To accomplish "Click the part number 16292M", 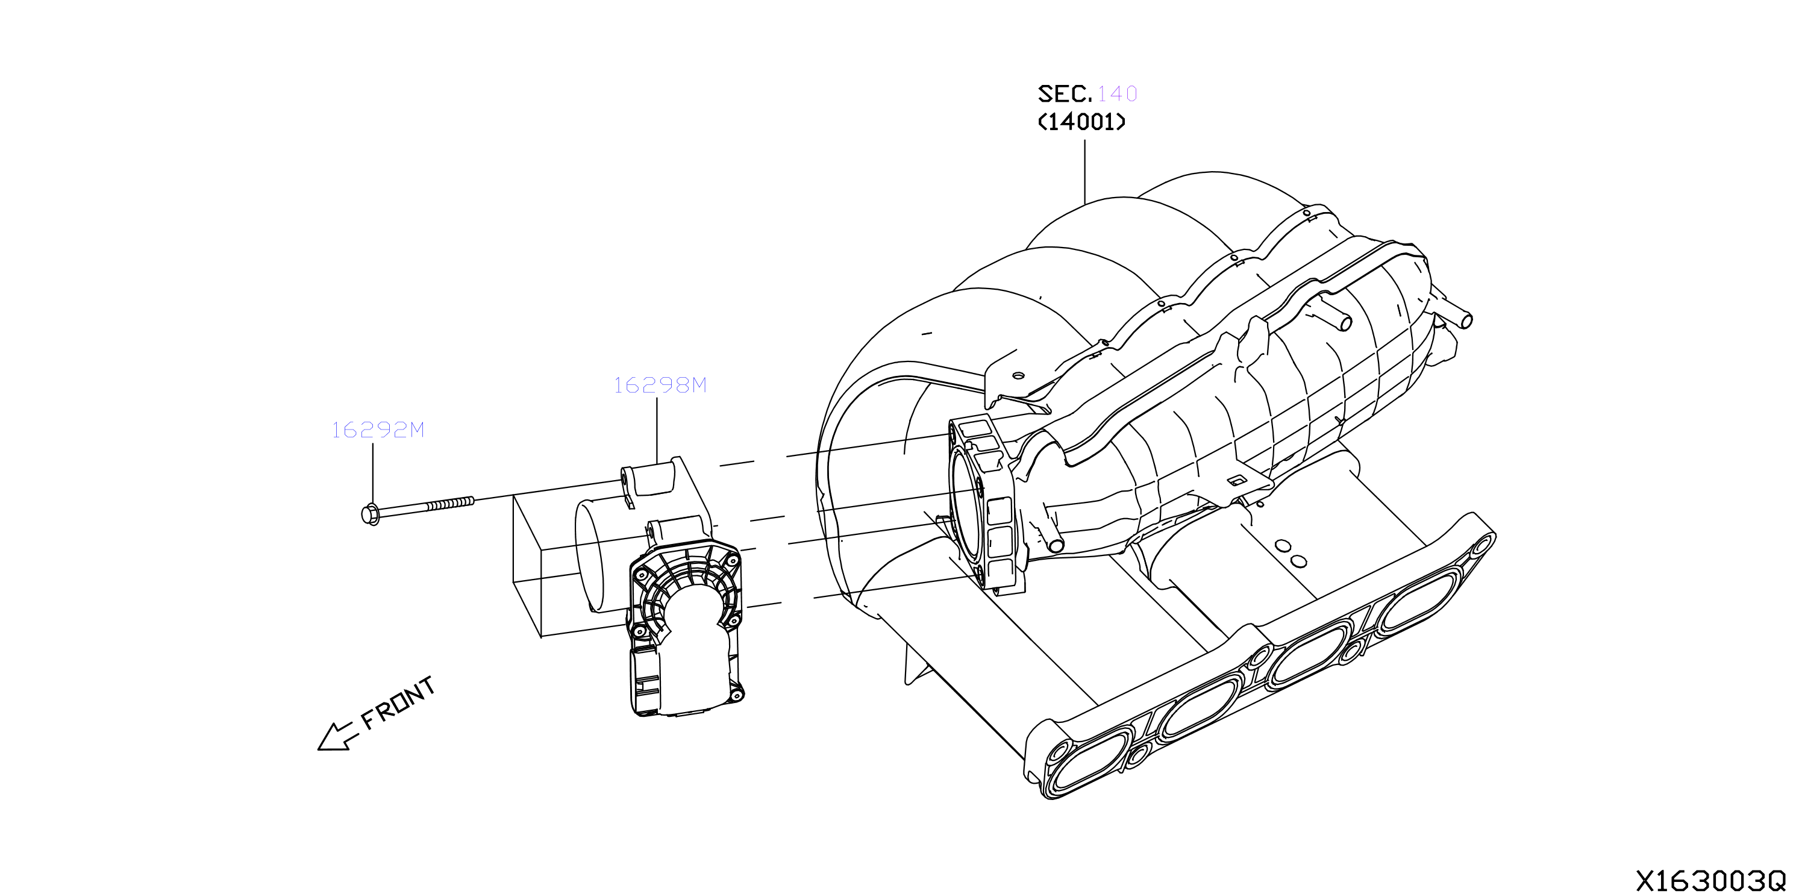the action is coord(378,430).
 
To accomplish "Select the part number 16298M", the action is coord(660,385).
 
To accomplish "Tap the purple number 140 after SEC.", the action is coord(1118,93).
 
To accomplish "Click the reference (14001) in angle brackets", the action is coord(1082,122).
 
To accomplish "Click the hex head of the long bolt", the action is coord(371,514).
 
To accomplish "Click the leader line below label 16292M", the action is coord(373,474).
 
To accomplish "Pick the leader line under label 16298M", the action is coord(657,430).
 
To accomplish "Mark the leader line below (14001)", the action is coord(1084,172).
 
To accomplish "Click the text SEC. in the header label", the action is coord(1065,93).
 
